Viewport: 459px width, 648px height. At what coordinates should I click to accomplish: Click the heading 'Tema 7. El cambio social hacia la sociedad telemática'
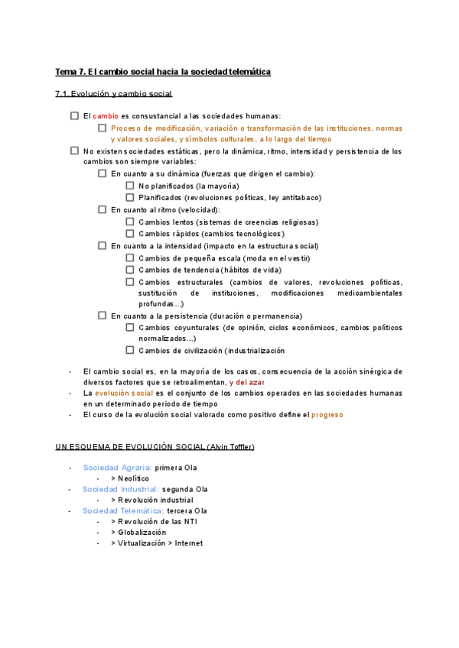click(163, 72)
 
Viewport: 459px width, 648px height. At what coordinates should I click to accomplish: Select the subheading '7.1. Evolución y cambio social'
click(114, 94)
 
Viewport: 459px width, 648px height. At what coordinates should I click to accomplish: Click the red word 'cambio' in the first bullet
click(106, 115)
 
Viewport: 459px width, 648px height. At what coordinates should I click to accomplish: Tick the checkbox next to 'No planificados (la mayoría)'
click(130, 186)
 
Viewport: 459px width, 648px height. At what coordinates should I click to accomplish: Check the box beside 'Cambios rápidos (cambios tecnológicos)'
click(130, 234)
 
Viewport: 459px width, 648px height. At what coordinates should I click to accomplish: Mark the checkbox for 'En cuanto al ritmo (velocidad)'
click(102, 209)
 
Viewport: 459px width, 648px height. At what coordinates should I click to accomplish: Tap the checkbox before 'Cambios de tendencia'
click(130, 270)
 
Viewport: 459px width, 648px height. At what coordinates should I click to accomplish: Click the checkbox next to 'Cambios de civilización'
click(130, 351)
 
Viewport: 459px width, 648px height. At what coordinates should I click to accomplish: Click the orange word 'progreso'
click(328, 415)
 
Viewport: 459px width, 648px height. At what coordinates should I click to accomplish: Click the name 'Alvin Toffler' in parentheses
click(229, 446)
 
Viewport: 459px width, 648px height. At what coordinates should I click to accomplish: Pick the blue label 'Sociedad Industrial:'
click(121, 489)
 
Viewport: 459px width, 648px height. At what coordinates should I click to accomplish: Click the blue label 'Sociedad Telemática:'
click(123, 510)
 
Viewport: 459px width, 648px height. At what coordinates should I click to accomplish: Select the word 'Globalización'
click(142, 533)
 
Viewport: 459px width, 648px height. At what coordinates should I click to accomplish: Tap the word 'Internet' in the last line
click(189, 543)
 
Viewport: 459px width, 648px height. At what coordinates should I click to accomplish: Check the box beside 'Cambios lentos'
click(130, 222)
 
